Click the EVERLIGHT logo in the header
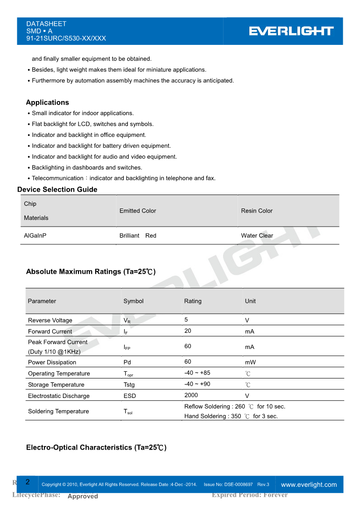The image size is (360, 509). [x=291, y=31]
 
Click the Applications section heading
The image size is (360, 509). [x=48, y=102]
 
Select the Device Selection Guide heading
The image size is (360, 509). [x=57, y=189]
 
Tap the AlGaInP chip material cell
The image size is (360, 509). [x=35, y=236]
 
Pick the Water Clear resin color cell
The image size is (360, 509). [x=257, y=236]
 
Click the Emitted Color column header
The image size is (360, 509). [x=137, y=211]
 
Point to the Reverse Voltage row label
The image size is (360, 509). [x=50, y=320]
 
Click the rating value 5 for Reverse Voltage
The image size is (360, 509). [x=186, y=320]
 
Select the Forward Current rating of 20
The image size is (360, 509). [x=188, y=331]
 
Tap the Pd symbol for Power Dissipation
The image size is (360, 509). [x=127, y=362]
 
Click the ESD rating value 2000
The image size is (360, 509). [x=191, y=395]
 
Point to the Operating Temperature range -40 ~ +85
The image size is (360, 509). [x=197, y=373]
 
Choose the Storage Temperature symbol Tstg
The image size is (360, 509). [x=129, y=384]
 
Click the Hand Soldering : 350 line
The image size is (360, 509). [x=231, y=416]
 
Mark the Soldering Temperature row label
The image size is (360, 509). [x=58, y=412]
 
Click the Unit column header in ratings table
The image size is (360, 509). [x=250, y=301]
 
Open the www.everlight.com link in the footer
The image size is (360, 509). [x=309, y=485]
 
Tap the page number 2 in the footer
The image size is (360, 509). [x=28, y=482]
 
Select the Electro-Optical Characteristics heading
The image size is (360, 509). [x=96, y=447]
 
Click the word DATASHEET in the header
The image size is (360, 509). [x=46, y=24]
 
